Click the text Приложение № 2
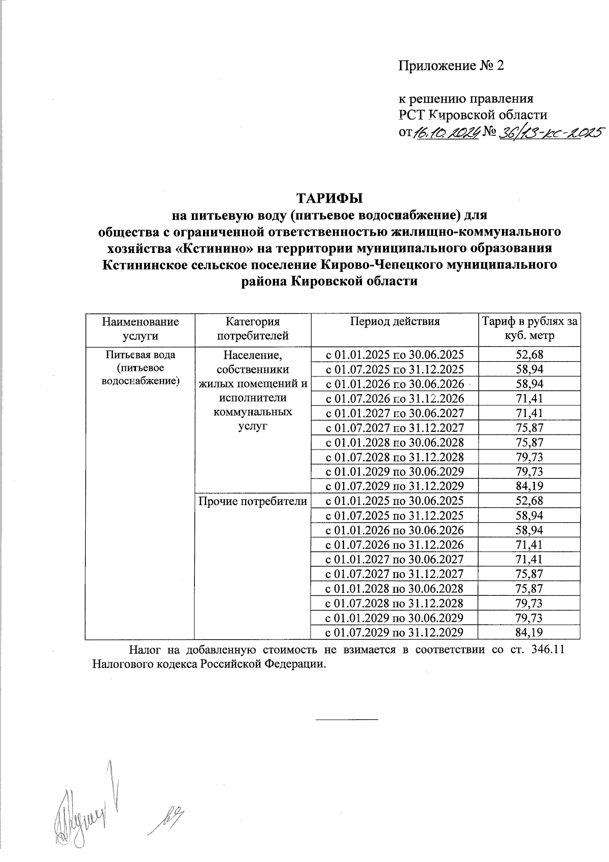click(x=452, y=66)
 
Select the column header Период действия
click(x=394, y=322)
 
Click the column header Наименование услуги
click(x=140, y=329)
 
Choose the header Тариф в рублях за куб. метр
click(x=529, y=329)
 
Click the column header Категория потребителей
click(x=252, y=329)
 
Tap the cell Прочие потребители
click(x=252, y=501)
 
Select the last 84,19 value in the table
click(x=529, y=632)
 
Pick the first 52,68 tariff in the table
click(x=529, y=355)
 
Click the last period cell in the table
click(x=394, y=632)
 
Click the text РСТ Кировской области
click(x=473, y=115)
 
